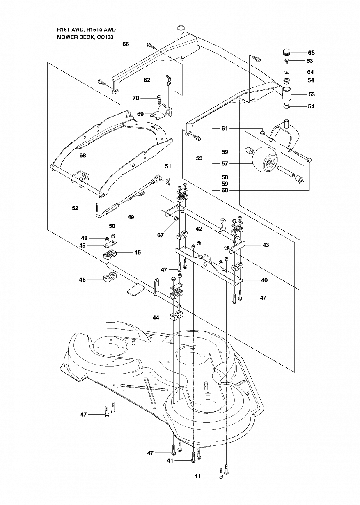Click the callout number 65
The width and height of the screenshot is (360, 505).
click(x=311, y=53)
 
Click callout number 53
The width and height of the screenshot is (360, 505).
click(x=312, y=94)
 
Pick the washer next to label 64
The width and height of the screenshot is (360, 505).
click(x=287, y=72)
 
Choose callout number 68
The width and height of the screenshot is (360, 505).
click(x=83, y=155)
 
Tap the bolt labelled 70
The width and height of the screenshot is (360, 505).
click(x=159, y=99)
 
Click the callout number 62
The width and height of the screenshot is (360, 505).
click(x=147, y=80)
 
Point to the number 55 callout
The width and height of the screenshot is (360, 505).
click(x=199, y=158)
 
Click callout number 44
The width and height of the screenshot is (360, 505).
click(x=156, y=318)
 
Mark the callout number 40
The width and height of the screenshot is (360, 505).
click(x=264, y=280)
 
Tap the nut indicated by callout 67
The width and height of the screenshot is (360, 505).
click(x=177, y=218)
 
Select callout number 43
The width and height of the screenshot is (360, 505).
click(x=266, y=245)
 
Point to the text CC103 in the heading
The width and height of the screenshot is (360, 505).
click(x=105, y=37)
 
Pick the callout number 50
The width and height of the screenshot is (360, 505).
click(x=112, y=226)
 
